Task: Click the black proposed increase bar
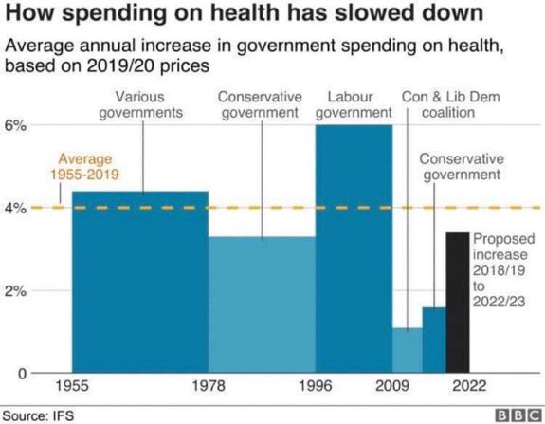pos(458,303)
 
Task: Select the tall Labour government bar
pos(354,249)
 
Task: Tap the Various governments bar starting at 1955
pos(140,282)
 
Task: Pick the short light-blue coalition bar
pos(408,350)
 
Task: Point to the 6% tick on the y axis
pos(15,125)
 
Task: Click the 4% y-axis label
pos(15,208)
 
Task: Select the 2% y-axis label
pos(15,291)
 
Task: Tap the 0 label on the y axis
pos(22,374)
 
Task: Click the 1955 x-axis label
pos(72,386)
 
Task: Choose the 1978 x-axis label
pos(209,386)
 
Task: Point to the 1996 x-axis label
pos(316,386)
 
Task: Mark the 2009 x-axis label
pos(392,386)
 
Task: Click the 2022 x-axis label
pos(469,386)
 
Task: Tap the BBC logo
pos(518,415)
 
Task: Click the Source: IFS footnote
pos(38,416)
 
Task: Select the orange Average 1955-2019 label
pos(84,166)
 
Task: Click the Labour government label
pos(354,104)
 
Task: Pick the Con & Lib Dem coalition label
pos(451,104)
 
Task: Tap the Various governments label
pos(140,104)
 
